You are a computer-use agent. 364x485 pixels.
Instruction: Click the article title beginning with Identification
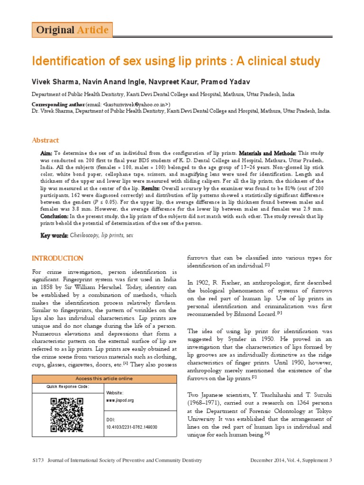click(176, 62)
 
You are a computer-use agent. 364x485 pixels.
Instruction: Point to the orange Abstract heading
click(45, 140)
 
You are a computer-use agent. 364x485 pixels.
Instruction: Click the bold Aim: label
click(46, 154)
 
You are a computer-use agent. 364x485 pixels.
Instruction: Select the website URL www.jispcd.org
click(120, 400)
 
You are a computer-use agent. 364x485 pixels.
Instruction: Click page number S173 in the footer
click(37, 460)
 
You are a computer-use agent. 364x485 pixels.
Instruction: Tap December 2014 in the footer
click(269, 460)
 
